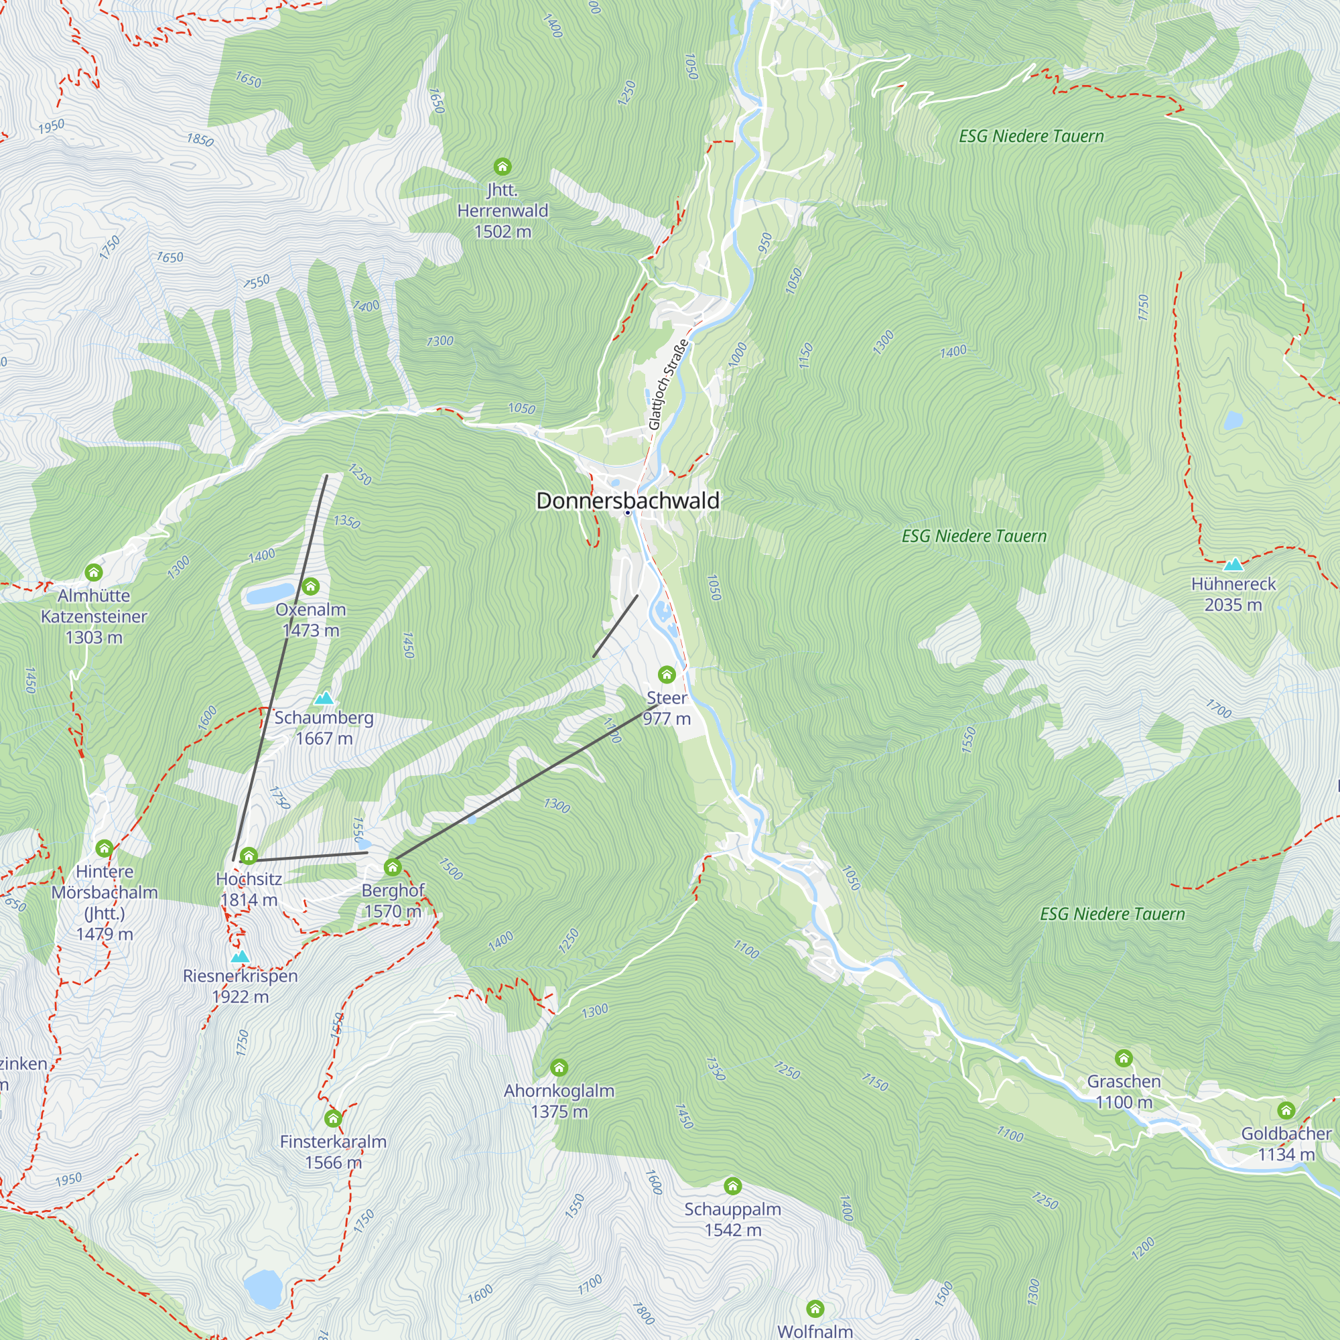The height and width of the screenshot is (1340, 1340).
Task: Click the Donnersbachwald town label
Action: pyautogui.click(x=627, y=500)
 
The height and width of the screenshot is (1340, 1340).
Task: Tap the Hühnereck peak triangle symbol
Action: pyautogui.click(x=1233, y=565)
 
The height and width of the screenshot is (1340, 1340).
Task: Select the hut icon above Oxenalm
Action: pyautogui.click(x=311, y=587)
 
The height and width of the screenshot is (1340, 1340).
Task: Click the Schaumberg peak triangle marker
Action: pyautogui.click(x=324, y=697)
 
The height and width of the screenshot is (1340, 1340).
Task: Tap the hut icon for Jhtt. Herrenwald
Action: pyautogui.click(x=502, y=166)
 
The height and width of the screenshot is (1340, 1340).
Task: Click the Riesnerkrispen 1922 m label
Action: pyautogui.click(x=240, y=986)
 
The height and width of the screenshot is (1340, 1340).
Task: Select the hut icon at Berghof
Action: pyautogui.click(x=393, y=867)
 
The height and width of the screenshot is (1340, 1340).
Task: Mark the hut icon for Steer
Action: pyautogui.click(x=667, y=674)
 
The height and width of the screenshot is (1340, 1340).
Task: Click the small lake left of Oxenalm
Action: pyautogui.click(x=271, y=594)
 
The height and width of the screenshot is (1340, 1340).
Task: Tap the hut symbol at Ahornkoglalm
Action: pyautogui.click(x=559, y=1067)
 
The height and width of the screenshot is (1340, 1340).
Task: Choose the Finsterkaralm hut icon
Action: pyautogui.click(x=333, y=1118)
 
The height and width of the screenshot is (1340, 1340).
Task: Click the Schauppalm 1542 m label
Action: pyautogui.click(x=732, y=1219)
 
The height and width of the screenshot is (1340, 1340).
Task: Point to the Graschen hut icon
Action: pyautogui.click(x=1124, y=1058)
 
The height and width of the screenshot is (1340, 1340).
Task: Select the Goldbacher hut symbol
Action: pyautogui.click(x=1286, y=1110)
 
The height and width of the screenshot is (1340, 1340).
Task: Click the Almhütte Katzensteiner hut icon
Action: pyautogui.click(x=94, y=572)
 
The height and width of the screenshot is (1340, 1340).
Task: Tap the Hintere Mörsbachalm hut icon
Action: pyautogui.click(x=104, y=848)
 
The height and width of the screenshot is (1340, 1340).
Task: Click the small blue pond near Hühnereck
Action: pyautogui.click(x=1233, y=420)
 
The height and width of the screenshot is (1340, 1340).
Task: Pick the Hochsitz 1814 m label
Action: pyautogui.click(x=249, y=889)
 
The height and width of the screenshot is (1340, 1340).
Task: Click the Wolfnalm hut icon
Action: pyautogui.click(x=815, y=1308)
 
